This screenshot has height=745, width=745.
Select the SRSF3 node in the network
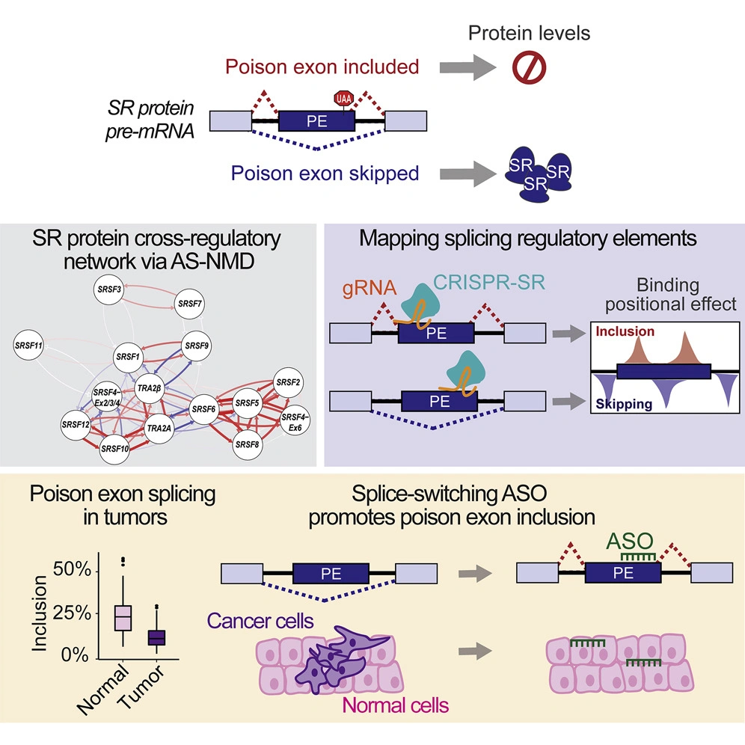(x=109, y=287)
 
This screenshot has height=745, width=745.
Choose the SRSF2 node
(x=288, y=381)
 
